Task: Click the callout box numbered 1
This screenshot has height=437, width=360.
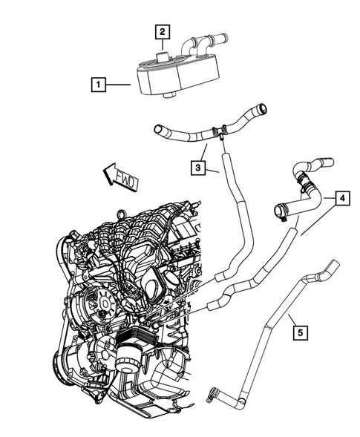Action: coord(98,85)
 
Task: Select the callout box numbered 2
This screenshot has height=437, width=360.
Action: coord(161,31)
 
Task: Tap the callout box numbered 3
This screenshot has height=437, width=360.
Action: coord(200,169)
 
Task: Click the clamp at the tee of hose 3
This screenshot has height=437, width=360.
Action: coord(219,133)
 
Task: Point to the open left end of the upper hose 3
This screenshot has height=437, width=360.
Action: coord(158,131)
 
